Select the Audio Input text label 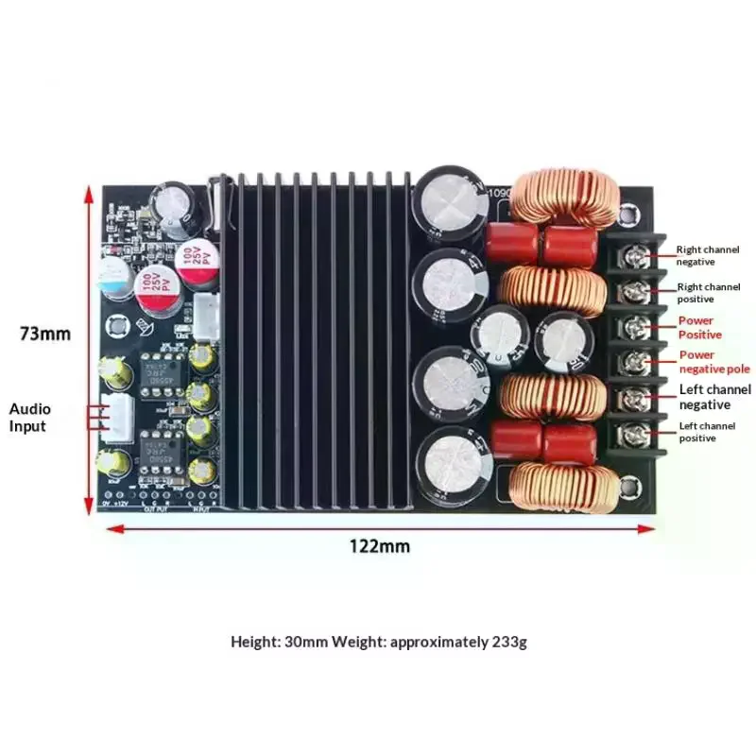[30, 418]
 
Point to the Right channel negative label [708, 255]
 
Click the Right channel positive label [708, 291]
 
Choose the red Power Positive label [699, 327]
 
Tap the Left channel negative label [715, 397]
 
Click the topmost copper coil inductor [565, 198]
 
